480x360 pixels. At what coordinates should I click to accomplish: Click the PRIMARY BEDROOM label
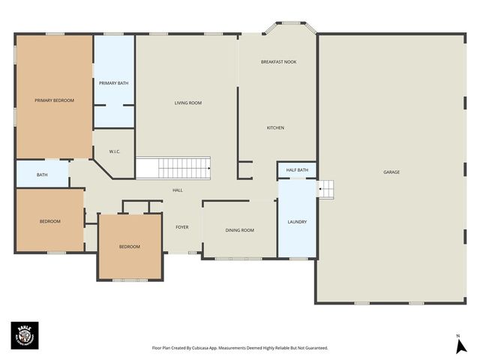(x=54, y=100)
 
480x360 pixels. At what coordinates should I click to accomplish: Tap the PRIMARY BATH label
(x=113, y=82)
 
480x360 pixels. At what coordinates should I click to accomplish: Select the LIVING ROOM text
(x=188, y=103)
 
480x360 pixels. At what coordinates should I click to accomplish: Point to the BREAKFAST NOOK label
(x=278, y=61)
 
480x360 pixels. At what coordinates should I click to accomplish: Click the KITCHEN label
(x=275, y=128)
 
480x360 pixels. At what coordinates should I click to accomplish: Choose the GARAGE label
(x=391, y=172)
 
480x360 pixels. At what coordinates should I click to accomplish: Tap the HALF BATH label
(x=297, y=170)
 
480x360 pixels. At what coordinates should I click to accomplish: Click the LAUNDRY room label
(x=297, y=222)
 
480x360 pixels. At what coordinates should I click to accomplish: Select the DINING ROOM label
(x=240, y=230)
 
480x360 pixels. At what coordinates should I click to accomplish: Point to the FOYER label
(x=182, y=226)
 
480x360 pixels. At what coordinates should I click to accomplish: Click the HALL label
(x=178, y=190)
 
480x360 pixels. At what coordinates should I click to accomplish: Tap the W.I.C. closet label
(x=115, y=151)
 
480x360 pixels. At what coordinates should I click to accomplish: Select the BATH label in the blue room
(x=42, y=175)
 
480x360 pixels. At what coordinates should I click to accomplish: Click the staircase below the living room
(x=173, y=168)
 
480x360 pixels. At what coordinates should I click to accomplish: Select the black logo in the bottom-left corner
(x=25, y=335)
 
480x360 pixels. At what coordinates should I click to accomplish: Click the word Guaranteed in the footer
(x=313, y=348)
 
